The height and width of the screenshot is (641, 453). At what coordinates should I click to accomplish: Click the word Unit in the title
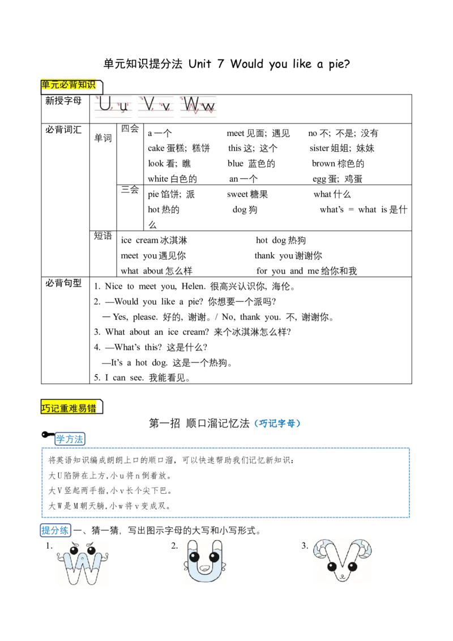(x=200, y=64)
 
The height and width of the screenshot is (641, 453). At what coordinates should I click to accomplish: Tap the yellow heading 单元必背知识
(x=69, y=84)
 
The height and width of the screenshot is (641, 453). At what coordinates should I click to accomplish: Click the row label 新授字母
(x=63, y=101)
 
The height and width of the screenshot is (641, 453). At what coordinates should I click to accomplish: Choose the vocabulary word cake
(x=157, y=148)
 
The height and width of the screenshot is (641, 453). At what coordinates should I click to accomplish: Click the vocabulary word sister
(x=319, y=148)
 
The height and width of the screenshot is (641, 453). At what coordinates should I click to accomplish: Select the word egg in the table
(x=319, y=179)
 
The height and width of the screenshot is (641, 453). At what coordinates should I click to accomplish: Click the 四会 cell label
(x=130, y=129)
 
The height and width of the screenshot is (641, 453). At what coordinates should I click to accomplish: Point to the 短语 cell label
(x=103, y=236)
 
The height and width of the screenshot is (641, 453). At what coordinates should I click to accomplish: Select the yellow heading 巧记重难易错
(x=69, y=408)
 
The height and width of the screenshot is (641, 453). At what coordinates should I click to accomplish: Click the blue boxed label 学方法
(x=70, y=439)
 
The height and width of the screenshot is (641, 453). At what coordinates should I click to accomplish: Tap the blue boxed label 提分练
(x=55, y=530)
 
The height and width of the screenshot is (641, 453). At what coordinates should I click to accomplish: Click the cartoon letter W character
(x=83, y=563)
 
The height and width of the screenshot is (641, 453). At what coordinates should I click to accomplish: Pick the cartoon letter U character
(x=204, y=561)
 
